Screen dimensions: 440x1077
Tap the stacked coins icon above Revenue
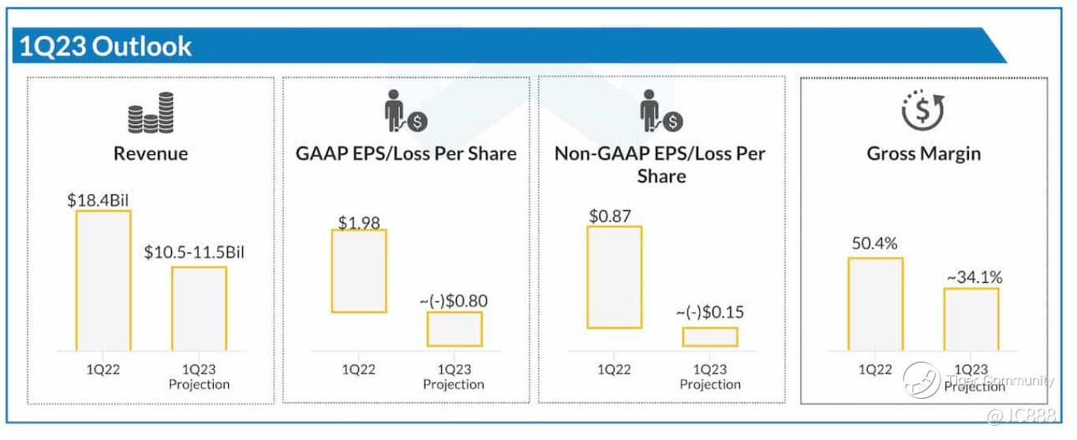pos(151,114)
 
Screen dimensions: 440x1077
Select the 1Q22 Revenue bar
pos(103,280)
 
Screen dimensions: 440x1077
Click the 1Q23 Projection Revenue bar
pos(199,309)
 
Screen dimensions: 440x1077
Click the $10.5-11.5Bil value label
pos(201,254)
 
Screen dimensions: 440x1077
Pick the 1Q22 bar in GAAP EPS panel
pos(359,271)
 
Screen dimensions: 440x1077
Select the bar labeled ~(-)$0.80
pos(454,329)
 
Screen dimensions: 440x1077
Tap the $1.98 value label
pos(359,221)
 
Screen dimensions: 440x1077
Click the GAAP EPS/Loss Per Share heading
pos(406,153)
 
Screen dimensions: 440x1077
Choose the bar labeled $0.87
pos(615,277)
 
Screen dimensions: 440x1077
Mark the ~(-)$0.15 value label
pos(710,312)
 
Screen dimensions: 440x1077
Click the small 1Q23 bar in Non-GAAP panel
pos(710,337)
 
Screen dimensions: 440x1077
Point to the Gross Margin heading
pos(923,153)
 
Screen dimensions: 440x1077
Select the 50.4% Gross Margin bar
pos(876,304)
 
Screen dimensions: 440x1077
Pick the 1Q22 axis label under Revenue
pos(103,369)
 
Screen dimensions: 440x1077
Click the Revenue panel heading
pos(151,153)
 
